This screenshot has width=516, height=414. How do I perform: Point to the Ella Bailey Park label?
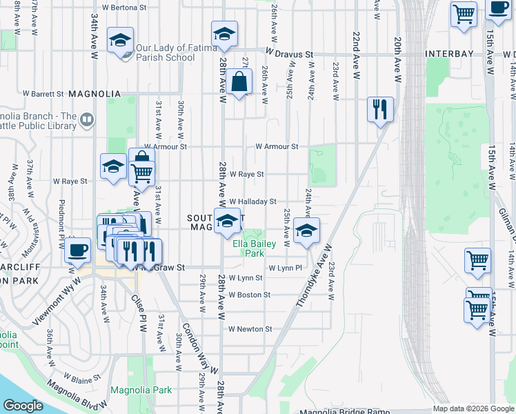(x=254, y=248)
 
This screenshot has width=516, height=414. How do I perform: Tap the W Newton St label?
(x=250, y=329)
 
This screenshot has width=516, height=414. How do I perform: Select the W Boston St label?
(x=250, y=295)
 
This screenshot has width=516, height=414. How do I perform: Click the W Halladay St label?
(x=253, y=201)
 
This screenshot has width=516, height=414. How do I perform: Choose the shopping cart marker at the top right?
(x=464, y=14)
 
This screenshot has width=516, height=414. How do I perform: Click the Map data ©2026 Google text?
(x=473, y=408)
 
